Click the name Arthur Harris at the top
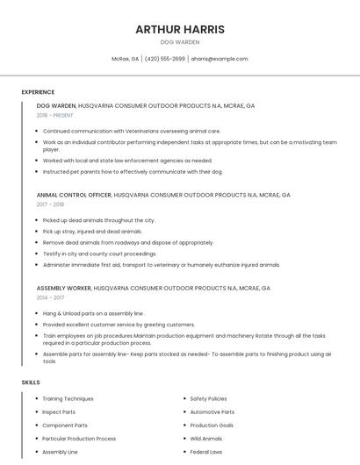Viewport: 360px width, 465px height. [180, 29]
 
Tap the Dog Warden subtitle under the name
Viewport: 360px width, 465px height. [180, 42]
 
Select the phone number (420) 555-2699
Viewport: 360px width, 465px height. [164, 59]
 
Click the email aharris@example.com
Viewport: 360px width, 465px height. [220, 59]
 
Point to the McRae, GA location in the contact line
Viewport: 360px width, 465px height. [125, 59]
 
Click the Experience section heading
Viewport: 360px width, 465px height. [38, 92]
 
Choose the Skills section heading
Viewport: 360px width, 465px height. [31, 383]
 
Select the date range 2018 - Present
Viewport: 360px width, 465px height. [55, 115]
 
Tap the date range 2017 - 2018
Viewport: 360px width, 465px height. [51, 204]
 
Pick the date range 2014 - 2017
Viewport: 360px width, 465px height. [51, 297]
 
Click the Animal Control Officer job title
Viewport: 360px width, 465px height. [74, 195]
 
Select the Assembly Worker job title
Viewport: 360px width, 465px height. [64, 288]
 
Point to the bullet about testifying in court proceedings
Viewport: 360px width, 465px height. [99, 254]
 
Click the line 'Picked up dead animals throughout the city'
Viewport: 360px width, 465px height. [98, 220]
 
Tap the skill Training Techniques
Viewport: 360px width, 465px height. [68, 399]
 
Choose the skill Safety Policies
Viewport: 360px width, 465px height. [208, 399]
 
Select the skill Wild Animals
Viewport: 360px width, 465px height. [206, 439]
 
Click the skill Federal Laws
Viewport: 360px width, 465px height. [206, 452]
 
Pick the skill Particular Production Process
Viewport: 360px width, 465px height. [79, 439]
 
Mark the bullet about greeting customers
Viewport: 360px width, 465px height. [119, 325]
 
